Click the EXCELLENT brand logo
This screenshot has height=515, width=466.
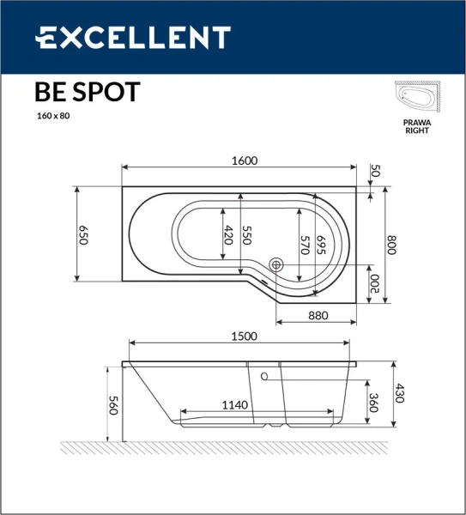click(x=132, y=38)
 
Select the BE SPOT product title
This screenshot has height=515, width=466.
click(x=87, y=93)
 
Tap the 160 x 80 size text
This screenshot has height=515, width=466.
click(x=52, y=116)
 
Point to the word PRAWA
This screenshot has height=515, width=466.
click(x=417, y=123)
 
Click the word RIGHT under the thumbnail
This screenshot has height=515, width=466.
click(x=417, y=131)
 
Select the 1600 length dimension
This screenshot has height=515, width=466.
click(x=245, y=161)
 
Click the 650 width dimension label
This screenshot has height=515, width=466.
click(x=84, y=235)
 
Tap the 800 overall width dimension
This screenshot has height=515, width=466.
click(x=395, y=245)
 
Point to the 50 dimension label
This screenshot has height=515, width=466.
click(x=374, y=171)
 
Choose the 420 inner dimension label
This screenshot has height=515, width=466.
click(x=228, y=235)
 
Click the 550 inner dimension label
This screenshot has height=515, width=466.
click(x=248, y=235)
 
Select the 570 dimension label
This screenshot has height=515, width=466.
click(x=305, y=245)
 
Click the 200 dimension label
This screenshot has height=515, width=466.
click(x=375, y=284)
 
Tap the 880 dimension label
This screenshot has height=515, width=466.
click(x=318, y=315)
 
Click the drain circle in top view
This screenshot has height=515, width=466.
click(x=276, y=266)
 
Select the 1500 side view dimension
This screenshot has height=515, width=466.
click(x=239, y=337)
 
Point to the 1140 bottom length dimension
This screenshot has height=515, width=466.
click(x=234, y=405)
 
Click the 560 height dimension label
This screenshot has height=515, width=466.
click(x=112, y=406)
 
